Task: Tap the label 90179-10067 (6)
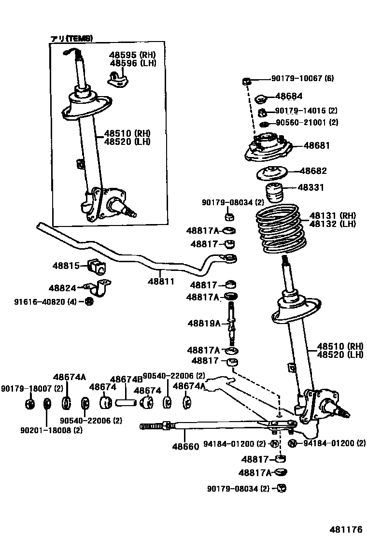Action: (302, 78)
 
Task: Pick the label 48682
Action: (313, 171)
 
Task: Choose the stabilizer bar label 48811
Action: (161, 281)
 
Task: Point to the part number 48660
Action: (185, 447)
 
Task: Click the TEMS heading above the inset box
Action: (72, 38)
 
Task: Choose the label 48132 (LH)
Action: (332, 224)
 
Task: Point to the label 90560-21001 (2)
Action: (307, 123)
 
